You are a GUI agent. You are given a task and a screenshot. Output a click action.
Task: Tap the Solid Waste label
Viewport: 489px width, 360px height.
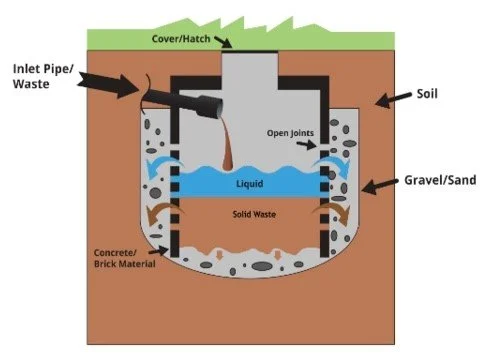point(247,216)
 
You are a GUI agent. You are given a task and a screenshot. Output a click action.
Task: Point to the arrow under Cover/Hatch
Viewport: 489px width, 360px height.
point(228,41)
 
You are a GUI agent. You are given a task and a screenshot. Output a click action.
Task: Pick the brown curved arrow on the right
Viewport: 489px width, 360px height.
point(334,214)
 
